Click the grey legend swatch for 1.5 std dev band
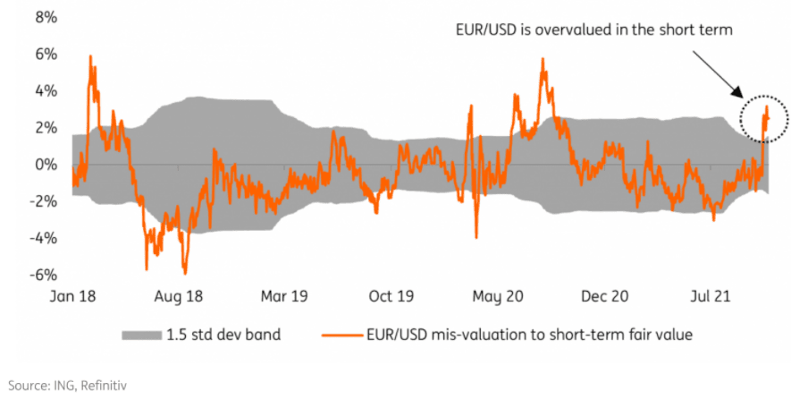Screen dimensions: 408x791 (x=139, y=336)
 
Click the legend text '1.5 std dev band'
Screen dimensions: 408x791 (x=223, y=336)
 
